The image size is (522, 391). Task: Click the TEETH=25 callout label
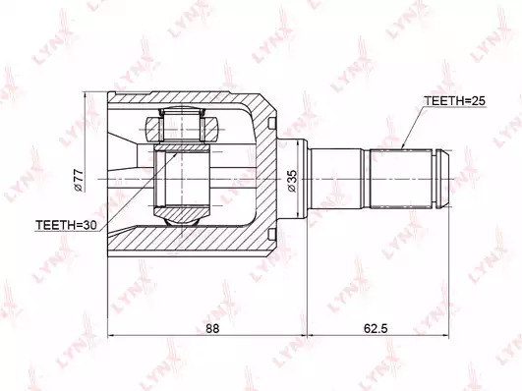point(454,101)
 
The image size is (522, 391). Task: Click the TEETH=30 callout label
point(66,225)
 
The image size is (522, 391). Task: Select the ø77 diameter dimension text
point(79,180)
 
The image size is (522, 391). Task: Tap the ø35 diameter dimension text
point(291,181)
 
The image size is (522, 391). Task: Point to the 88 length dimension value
point(212,329)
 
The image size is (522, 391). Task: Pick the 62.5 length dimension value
point(376,329)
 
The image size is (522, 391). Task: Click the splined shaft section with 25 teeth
point(401,179)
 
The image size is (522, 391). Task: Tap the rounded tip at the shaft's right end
point(442,179)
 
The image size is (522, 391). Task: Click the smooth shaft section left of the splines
point(335,179)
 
